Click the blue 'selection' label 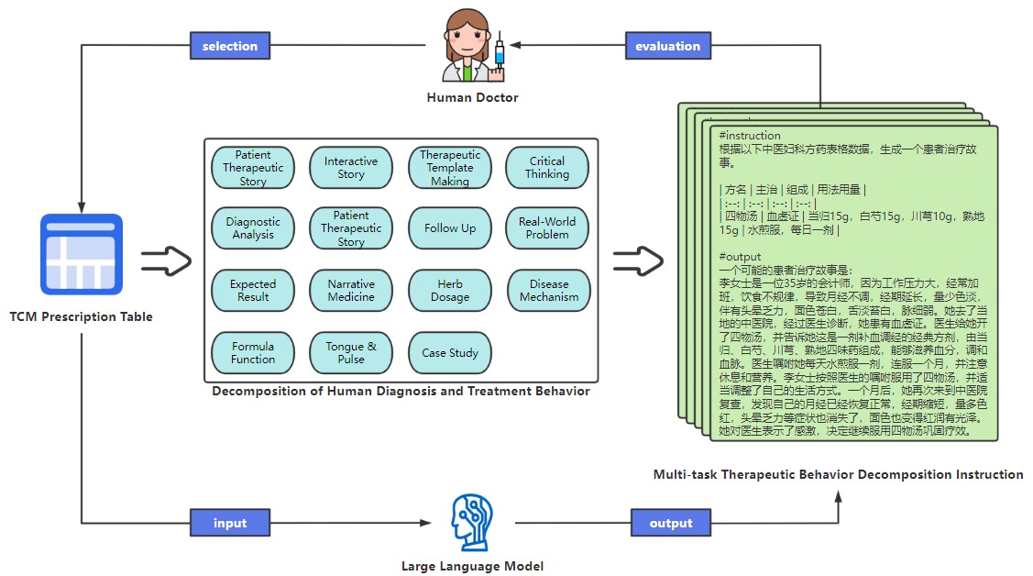230,45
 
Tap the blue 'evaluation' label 668,46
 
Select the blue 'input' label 230,523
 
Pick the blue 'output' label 671,523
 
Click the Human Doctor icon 471,49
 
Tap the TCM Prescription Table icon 82,254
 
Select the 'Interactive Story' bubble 351,168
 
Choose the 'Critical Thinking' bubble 547,168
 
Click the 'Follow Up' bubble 450,228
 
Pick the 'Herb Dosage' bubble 450,291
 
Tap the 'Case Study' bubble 450,353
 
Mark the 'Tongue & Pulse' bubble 351,353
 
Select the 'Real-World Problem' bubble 547,228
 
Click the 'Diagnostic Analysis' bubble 253,228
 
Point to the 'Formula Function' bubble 253,353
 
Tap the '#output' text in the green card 741,257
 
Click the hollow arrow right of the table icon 166,260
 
